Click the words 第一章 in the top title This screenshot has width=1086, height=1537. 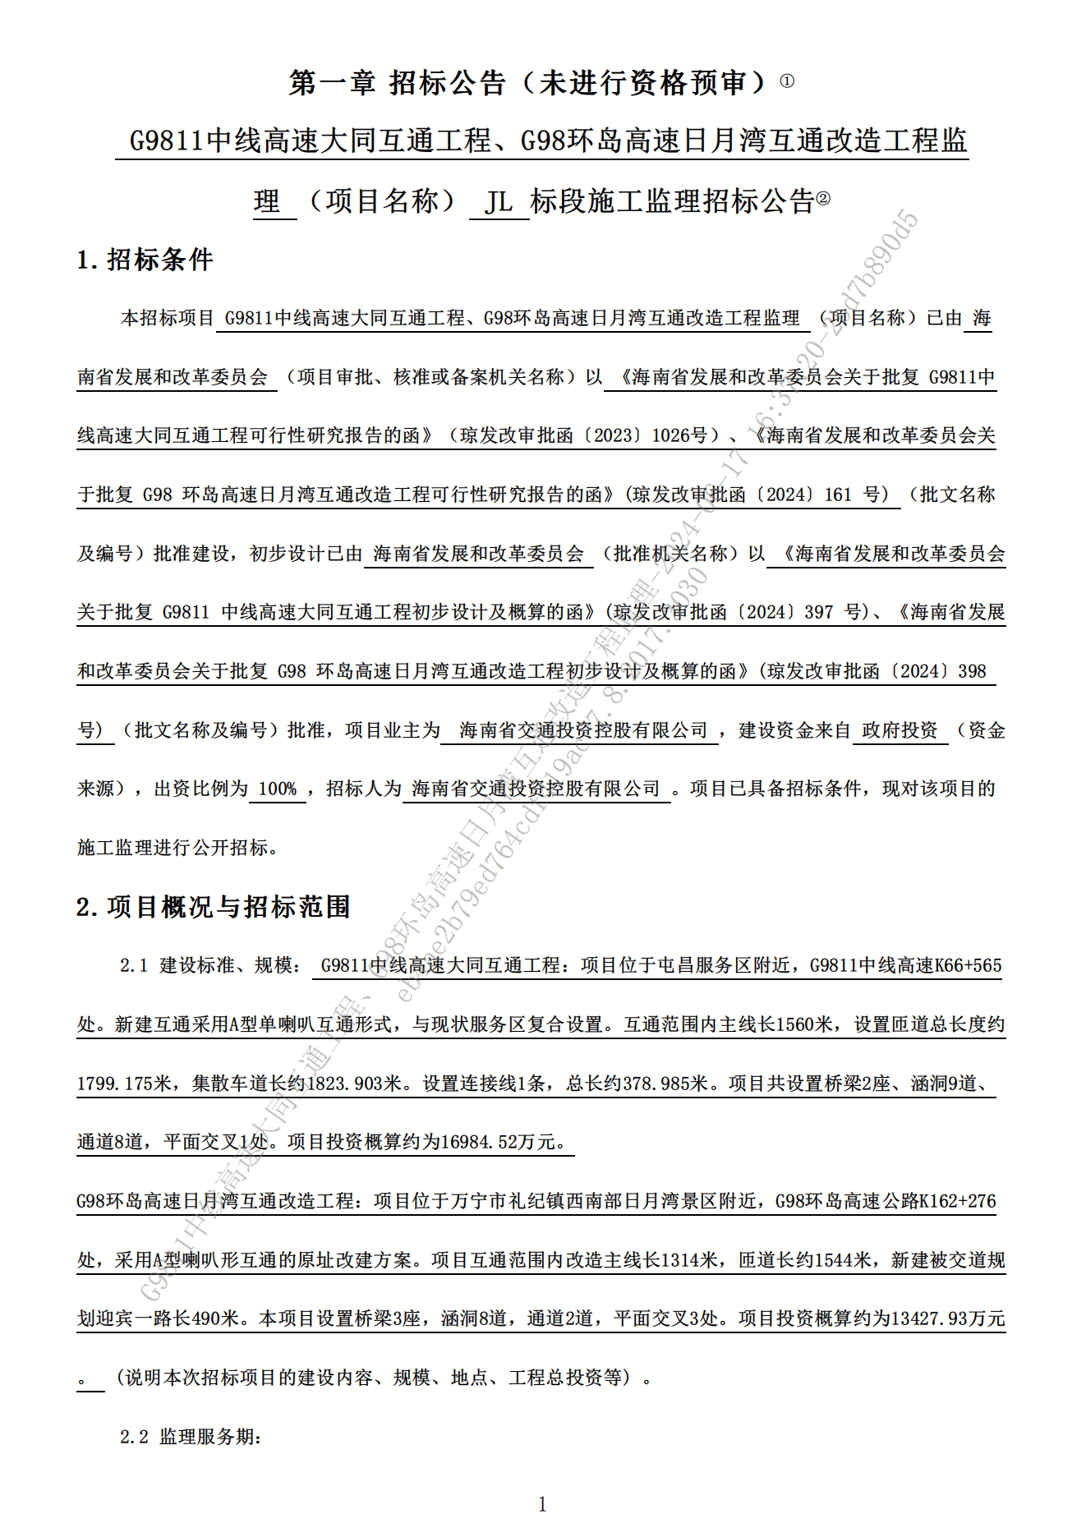click(x=332, y=82)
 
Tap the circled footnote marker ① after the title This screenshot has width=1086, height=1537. click(x=787, y=81)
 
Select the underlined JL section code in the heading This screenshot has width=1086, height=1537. click(x=498, y=201)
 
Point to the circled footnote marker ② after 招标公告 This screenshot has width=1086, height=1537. click(x=823, y=198)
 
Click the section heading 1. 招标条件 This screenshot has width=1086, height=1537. click(x=145, y=260)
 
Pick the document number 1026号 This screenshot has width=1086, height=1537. click(x=679, y=435)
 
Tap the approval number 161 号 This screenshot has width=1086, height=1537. click(x=855, y=495)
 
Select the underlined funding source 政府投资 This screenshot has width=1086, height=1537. click(x=900, y=730)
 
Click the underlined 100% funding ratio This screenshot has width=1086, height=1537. click(x=278, y=789)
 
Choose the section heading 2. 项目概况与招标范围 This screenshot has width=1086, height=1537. click(x=214, y=907)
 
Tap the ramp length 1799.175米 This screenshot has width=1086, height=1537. click(x=123, y=1084)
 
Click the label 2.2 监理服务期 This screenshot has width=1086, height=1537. click(x=191, y=1437)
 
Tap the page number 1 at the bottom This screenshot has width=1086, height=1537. click(x=542, y=1504)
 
